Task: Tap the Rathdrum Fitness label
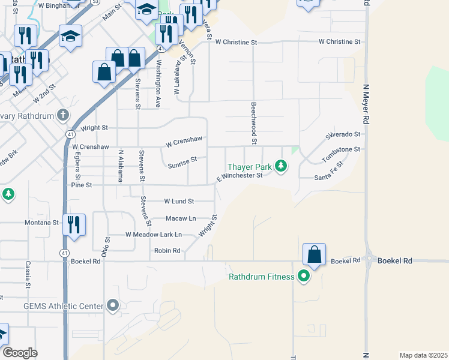click(x=261, y=277)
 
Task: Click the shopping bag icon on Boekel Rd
click(x=315, y=255)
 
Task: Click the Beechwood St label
click(x=254, y=123)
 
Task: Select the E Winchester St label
click(x=240, y=176)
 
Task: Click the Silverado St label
click(x=343, y=135)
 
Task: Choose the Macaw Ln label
click(x=181, y=218)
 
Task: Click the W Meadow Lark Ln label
click(x=153, y=235)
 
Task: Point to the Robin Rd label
click(x=167, y=251)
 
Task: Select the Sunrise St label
click(x=182, y=162)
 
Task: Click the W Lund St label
click(x=179, y=202)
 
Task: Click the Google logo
click(x=20, y=353)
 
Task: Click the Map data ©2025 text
click(x=424, y=355)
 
